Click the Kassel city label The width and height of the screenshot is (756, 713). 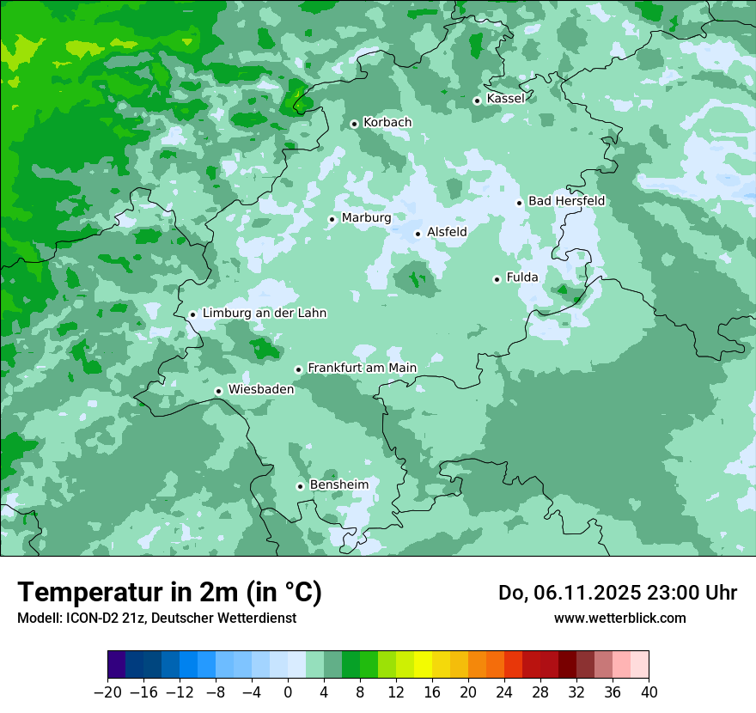[505, 99]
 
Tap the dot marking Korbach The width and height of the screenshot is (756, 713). [354, 124]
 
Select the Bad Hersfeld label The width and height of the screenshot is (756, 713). [566, 201]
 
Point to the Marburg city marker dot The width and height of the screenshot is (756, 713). [332, 219]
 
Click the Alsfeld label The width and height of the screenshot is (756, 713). [447, 232]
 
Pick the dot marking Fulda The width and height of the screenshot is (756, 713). [497, 279]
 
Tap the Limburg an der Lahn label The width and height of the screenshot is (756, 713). [264, 314]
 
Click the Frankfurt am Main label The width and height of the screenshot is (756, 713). [362, 368]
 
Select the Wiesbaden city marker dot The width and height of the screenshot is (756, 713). [219, 391]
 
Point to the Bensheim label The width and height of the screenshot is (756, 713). [338, 484]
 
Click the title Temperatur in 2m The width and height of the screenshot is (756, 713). [170, 592]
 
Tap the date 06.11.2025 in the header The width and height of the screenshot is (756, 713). [588, 593]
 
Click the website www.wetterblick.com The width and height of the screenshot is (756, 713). [619, 618]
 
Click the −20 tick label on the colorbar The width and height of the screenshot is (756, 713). [107, 692]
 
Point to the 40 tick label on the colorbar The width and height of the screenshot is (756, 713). [649, 692]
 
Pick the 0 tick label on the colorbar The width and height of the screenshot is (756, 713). [288, 692]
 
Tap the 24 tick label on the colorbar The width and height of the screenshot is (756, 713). [504, 692]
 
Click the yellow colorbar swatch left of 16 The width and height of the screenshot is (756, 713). [423, 665]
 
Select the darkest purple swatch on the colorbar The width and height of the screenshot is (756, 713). [117, 665]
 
